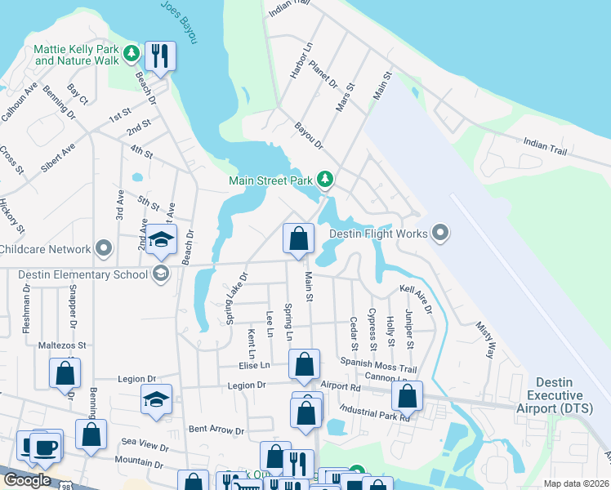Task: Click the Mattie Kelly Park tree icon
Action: (132, 55)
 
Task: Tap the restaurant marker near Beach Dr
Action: (160, 56)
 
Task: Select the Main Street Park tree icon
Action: (325, 178)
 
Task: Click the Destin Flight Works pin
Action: (441, 234)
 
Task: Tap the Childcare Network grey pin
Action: (104, 247)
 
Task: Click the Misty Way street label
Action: (485, 340)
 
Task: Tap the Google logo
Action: (27, 480)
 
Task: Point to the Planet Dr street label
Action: (323, 74)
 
